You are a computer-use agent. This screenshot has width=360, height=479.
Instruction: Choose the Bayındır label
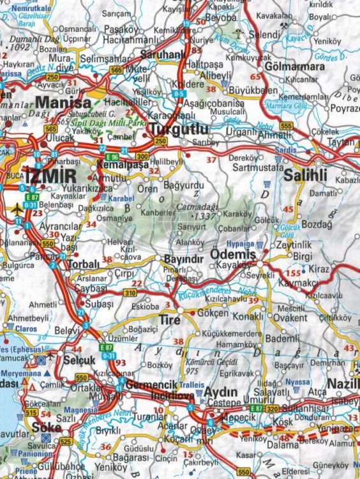point(183,259)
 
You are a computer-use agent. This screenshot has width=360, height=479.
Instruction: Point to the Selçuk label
point(80,360)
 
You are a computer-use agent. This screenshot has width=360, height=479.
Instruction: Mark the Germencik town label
point(151,384)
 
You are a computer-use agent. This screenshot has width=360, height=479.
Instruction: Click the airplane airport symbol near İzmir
point(15,209)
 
